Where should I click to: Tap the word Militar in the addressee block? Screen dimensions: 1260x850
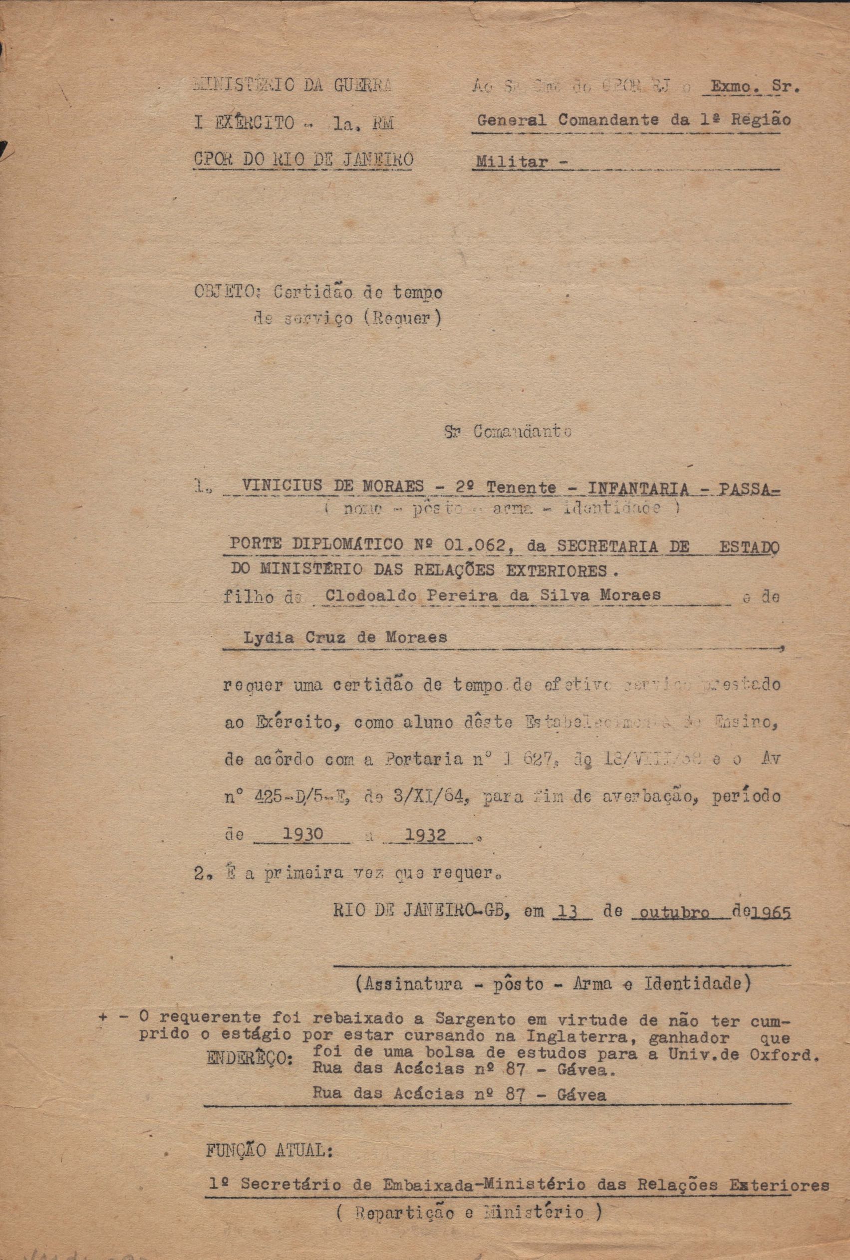click(508, 161)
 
